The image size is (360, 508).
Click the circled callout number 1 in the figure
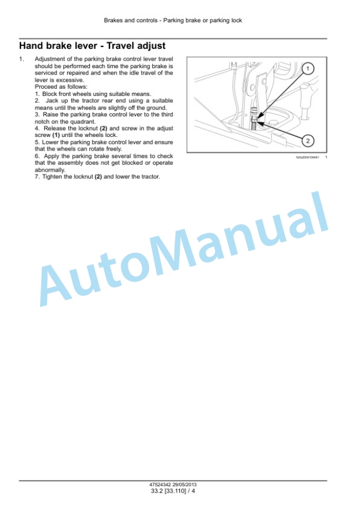308,69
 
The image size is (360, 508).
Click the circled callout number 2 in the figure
308,141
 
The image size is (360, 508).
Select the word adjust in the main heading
151,46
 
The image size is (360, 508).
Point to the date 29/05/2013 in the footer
184,484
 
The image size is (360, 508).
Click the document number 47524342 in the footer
160,484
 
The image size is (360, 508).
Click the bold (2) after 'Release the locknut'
104,129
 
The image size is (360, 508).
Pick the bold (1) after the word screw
56,135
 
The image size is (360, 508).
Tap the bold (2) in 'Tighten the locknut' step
98,177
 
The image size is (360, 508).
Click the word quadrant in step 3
84,122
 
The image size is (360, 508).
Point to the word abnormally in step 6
50,170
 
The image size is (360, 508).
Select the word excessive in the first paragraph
70,80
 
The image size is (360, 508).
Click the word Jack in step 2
52,101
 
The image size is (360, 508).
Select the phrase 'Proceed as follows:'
61,87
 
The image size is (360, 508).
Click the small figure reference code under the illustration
307,158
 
